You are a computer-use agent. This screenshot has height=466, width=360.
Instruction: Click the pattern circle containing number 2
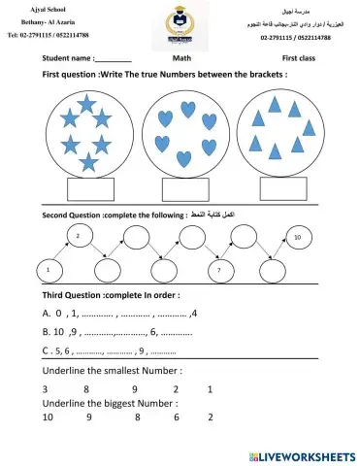coord(80,236)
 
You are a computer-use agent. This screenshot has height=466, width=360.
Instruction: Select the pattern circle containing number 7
coord(220,268)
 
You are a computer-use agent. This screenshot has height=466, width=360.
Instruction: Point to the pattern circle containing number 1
coord(48,268)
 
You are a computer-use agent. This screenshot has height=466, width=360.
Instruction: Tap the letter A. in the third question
coord(47,314)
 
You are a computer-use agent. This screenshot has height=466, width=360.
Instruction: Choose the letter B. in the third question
coord(47,332)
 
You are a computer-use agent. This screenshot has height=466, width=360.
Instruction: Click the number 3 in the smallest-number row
coord(46,388)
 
